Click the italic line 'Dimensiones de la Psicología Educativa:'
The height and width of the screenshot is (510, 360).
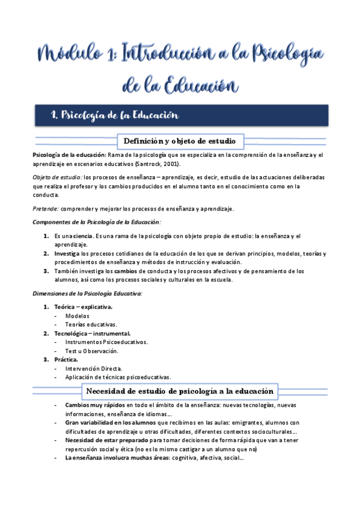(x=87, y=293)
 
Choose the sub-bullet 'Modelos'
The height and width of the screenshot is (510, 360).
(x=78, y=316)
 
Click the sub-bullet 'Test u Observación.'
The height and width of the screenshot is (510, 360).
(x=92, y=351)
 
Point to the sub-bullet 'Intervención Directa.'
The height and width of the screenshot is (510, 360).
(x=94, y=368)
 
